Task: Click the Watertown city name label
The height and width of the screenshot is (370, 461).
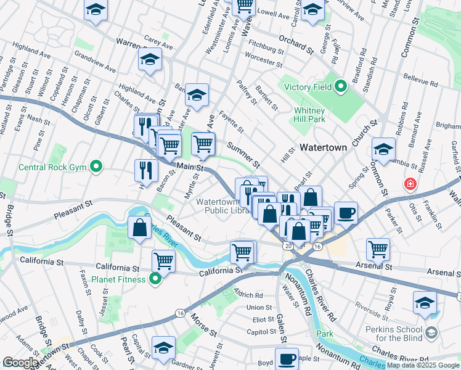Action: click(x=326, y=148)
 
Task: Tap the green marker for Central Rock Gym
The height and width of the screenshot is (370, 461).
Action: click(x=96, y=166)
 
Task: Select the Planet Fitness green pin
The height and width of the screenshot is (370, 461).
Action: click(x=155, y=279)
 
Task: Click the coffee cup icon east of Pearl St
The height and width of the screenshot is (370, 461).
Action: click(x=346, y=212)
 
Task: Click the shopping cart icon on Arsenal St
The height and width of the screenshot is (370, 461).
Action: click(x=378, y=249)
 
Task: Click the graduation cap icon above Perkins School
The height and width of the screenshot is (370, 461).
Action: click(x=425, y=302)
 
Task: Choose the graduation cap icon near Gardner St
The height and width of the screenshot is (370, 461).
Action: click(x=163, y=347)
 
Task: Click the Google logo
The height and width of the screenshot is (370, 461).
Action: click(x=20, y=363)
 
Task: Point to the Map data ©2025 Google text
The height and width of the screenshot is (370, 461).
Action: click(x=423, y=366)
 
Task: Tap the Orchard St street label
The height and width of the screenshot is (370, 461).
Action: click(x=292, y=43)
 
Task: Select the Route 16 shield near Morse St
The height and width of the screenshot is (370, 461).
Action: click(x=179, y=313)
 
